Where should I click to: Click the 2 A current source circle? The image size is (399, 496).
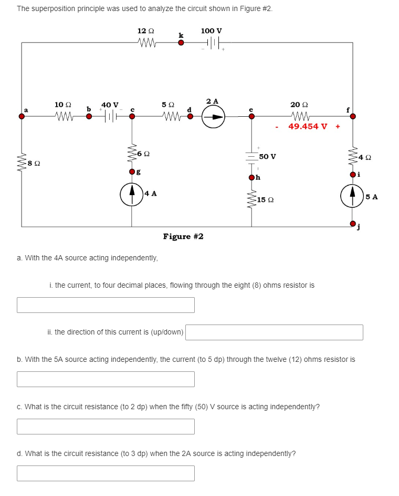pos(214,117)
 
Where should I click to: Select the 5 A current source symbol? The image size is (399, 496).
pos(352,197)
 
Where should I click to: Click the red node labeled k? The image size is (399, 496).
pos(181,43)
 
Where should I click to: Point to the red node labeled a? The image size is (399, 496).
pos(22,117)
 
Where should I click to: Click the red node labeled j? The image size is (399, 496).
pos(352,224)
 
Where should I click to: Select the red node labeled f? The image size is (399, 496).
pos(352,117)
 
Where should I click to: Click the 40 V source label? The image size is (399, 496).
pos(110,105)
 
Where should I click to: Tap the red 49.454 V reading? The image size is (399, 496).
pos(308,127)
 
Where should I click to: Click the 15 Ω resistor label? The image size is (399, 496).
pos(265,200)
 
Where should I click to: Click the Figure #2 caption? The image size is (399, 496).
pos(183,236)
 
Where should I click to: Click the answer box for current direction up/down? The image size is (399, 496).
pos(274,332)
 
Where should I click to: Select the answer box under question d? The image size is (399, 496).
pos(106,473)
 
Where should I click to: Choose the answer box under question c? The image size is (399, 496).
pos(106,427)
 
